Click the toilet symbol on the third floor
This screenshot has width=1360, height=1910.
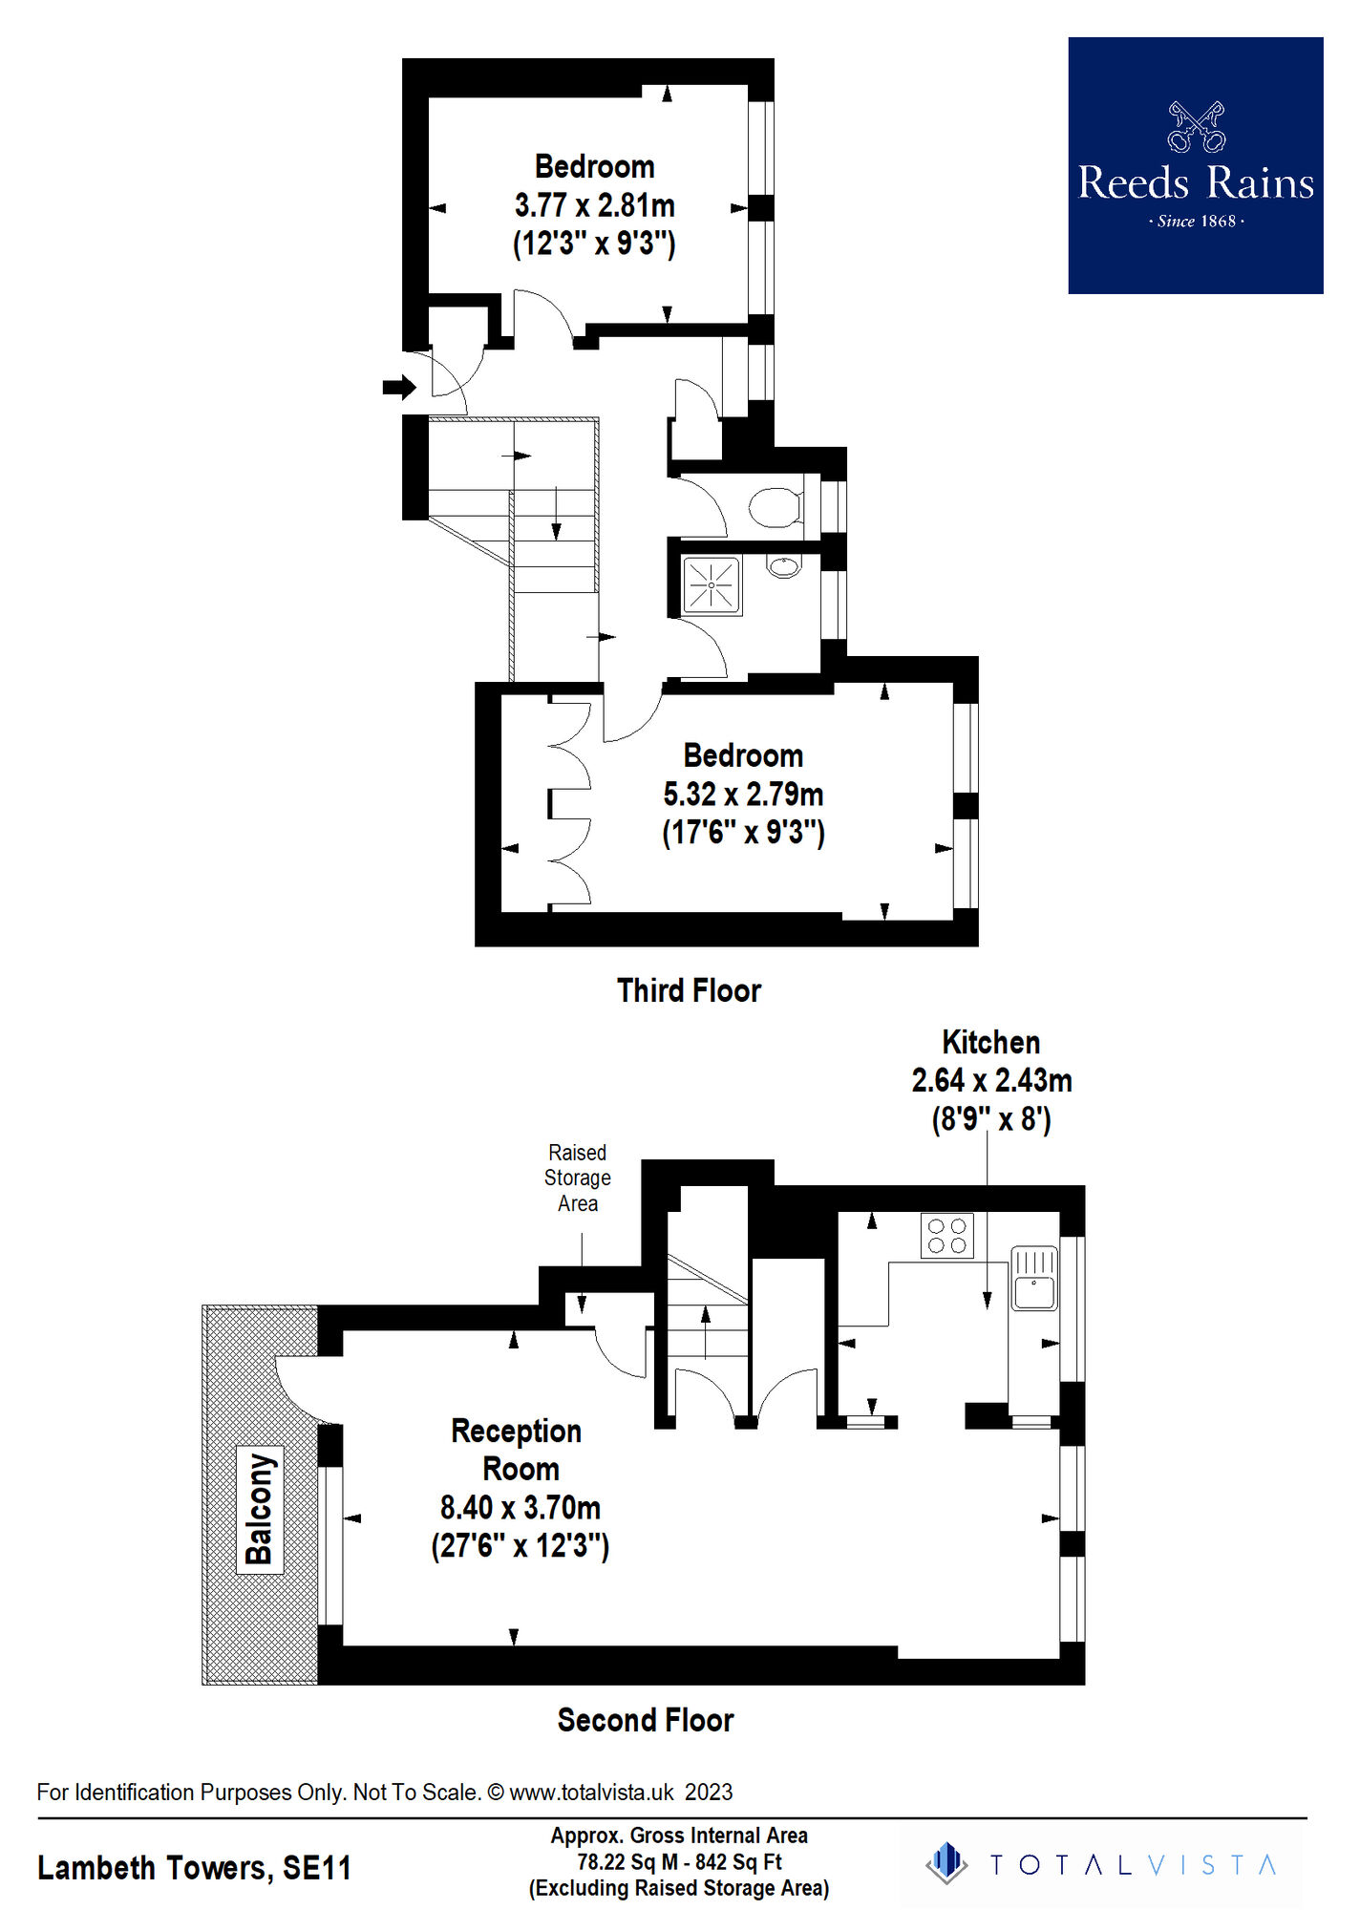click(x=775, y=507)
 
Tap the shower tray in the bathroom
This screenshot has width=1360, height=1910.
click(x=712, y=584)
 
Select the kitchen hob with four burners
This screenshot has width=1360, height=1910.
click(x=946, y=1235)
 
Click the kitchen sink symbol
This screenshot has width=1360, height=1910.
click(x=1033, y=1279)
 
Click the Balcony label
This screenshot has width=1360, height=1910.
click(x=260, y=1508)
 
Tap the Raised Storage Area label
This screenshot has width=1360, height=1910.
click(x=577, y=1178)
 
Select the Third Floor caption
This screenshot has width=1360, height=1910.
click(x=689, y=990)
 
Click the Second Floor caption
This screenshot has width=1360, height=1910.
click(x=646, y=1720)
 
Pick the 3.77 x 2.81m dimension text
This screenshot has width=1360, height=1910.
click(x=594, y=205)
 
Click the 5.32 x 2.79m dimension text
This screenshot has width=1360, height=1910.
click(x=743, y=794)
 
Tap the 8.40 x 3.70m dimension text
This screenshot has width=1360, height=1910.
click(x=520, y=1507)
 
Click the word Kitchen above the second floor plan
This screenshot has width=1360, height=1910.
click(x=990, y=1042)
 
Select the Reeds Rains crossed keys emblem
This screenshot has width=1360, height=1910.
click(x=1196, y=127)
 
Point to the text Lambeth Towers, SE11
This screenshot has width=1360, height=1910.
click(x=194, y=1867)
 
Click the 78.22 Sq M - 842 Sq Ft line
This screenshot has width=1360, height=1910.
click(x=679, y=1861)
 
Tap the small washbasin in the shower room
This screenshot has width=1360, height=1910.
click(x=783, y=566)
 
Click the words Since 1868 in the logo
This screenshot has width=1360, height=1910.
click(x=1196, y=222)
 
